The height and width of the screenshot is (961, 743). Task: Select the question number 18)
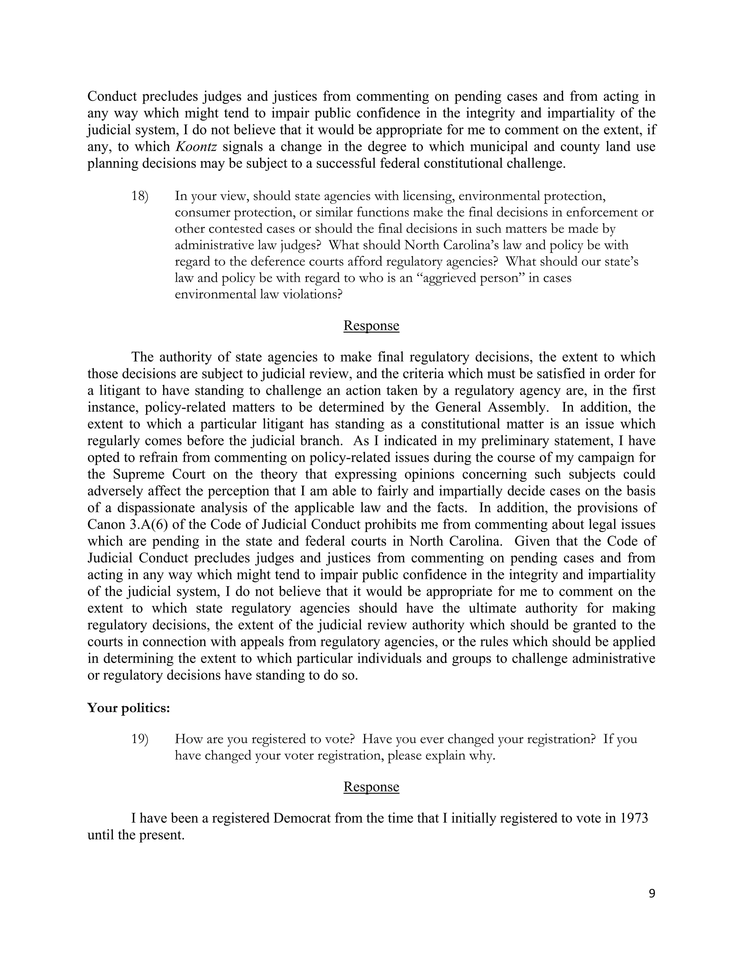140,196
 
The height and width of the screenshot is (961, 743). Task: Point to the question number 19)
140,739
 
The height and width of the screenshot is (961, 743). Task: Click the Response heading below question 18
371,326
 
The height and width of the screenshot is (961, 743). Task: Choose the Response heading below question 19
371,786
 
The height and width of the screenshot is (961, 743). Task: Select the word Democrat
302,818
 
